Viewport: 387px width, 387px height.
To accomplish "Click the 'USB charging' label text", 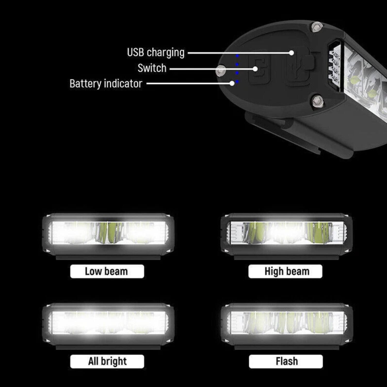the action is pos(156,53).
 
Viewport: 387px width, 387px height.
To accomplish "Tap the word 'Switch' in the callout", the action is pos(152,68).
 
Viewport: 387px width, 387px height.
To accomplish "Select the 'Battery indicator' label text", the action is pos(106,84).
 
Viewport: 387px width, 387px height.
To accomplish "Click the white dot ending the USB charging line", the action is pos(291,53).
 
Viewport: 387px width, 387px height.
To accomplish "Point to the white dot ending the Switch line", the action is pos(255,69).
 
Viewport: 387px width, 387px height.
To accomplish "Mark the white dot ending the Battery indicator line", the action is pos(232,83).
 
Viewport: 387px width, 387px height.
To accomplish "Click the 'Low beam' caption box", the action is pos(107,271).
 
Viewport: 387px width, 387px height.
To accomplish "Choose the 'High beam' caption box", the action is pos(285,271).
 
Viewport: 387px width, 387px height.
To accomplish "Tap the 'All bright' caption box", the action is pos(107,361).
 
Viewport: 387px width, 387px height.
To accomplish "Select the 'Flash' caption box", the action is pos(286,361).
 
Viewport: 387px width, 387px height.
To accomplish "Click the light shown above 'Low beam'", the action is pos(108,233).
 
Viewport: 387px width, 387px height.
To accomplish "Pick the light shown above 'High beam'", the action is pos(286,233).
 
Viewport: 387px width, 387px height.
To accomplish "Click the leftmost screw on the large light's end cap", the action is pos(221,70).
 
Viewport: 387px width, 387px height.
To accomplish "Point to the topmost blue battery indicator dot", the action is pos(237,56).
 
